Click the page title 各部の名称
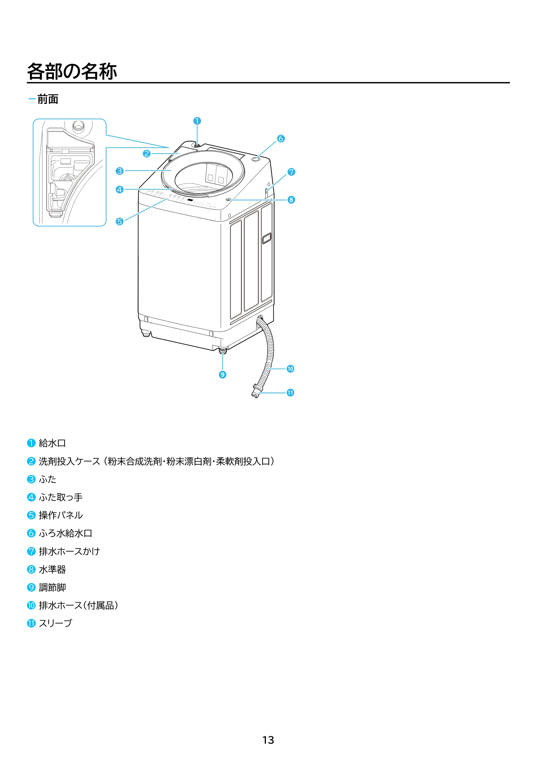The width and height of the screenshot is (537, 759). click(x=72, y=71)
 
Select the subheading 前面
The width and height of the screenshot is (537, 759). click(x=48, y=99)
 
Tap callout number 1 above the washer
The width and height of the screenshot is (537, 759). click(x=197, y=121)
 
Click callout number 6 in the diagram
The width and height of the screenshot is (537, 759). click(x=281, y=138)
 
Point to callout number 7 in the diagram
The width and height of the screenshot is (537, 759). click(x=291, y=172)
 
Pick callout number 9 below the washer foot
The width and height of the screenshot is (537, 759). click(x=222, y=375)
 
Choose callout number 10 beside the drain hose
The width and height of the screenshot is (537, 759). click(x=290, y=369)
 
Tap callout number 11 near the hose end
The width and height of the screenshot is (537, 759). click(x=290, y=393)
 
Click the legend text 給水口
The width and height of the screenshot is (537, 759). click(x=52, y=443)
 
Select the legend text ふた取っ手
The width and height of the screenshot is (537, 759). click(x=61, y=497)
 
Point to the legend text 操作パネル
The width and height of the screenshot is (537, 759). click(x=61, y=515)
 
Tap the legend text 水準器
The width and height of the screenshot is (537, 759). click(x=52, y=569)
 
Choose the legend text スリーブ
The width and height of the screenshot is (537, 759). click(x=55, y=623)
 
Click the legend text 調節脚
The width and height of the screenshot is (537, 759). click(x=52, y=587)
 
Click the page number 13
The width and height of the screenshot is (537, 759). click(x=268, y=740)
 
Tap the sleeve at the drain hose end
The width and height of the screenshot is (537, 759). click(x=255, y=391)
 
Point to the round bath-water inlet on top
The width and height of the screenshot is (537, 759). click(x=255, y=159)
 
